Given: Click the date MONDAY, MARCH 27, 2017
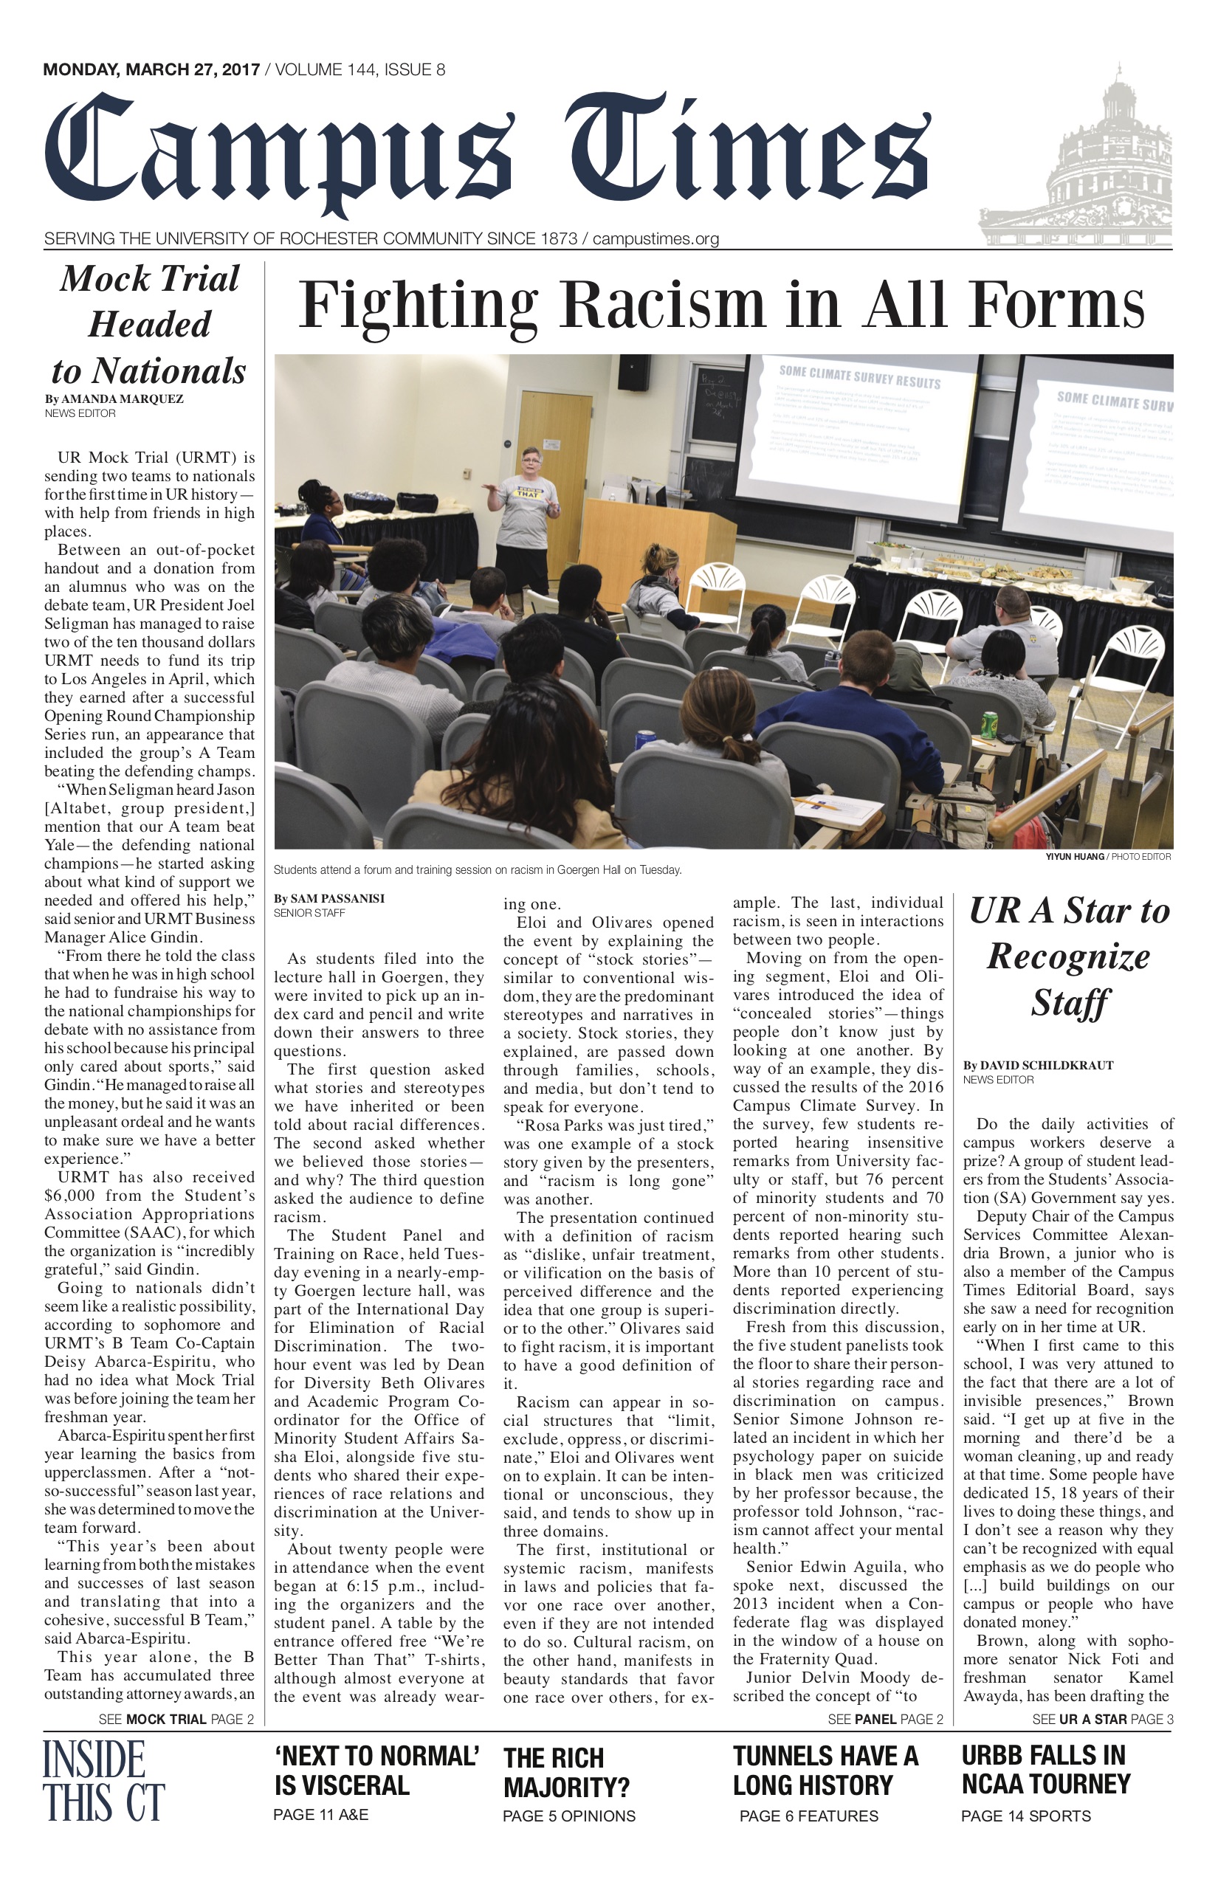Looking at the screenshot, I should tap(151, 69).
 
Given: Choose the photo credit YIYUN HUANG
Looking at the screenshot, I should tap(1074, 856).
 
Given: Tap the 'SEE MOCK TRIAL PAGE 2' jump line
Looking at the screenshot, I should tap(176, 1719).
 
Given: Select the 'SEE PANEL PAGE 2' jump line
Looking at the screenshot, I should tap(885, 1719).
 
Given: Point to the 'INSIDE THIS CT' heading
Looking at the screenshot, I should tap(103, 1781).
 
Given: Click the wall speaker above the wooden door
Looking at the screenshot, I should tap(633, 373).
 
